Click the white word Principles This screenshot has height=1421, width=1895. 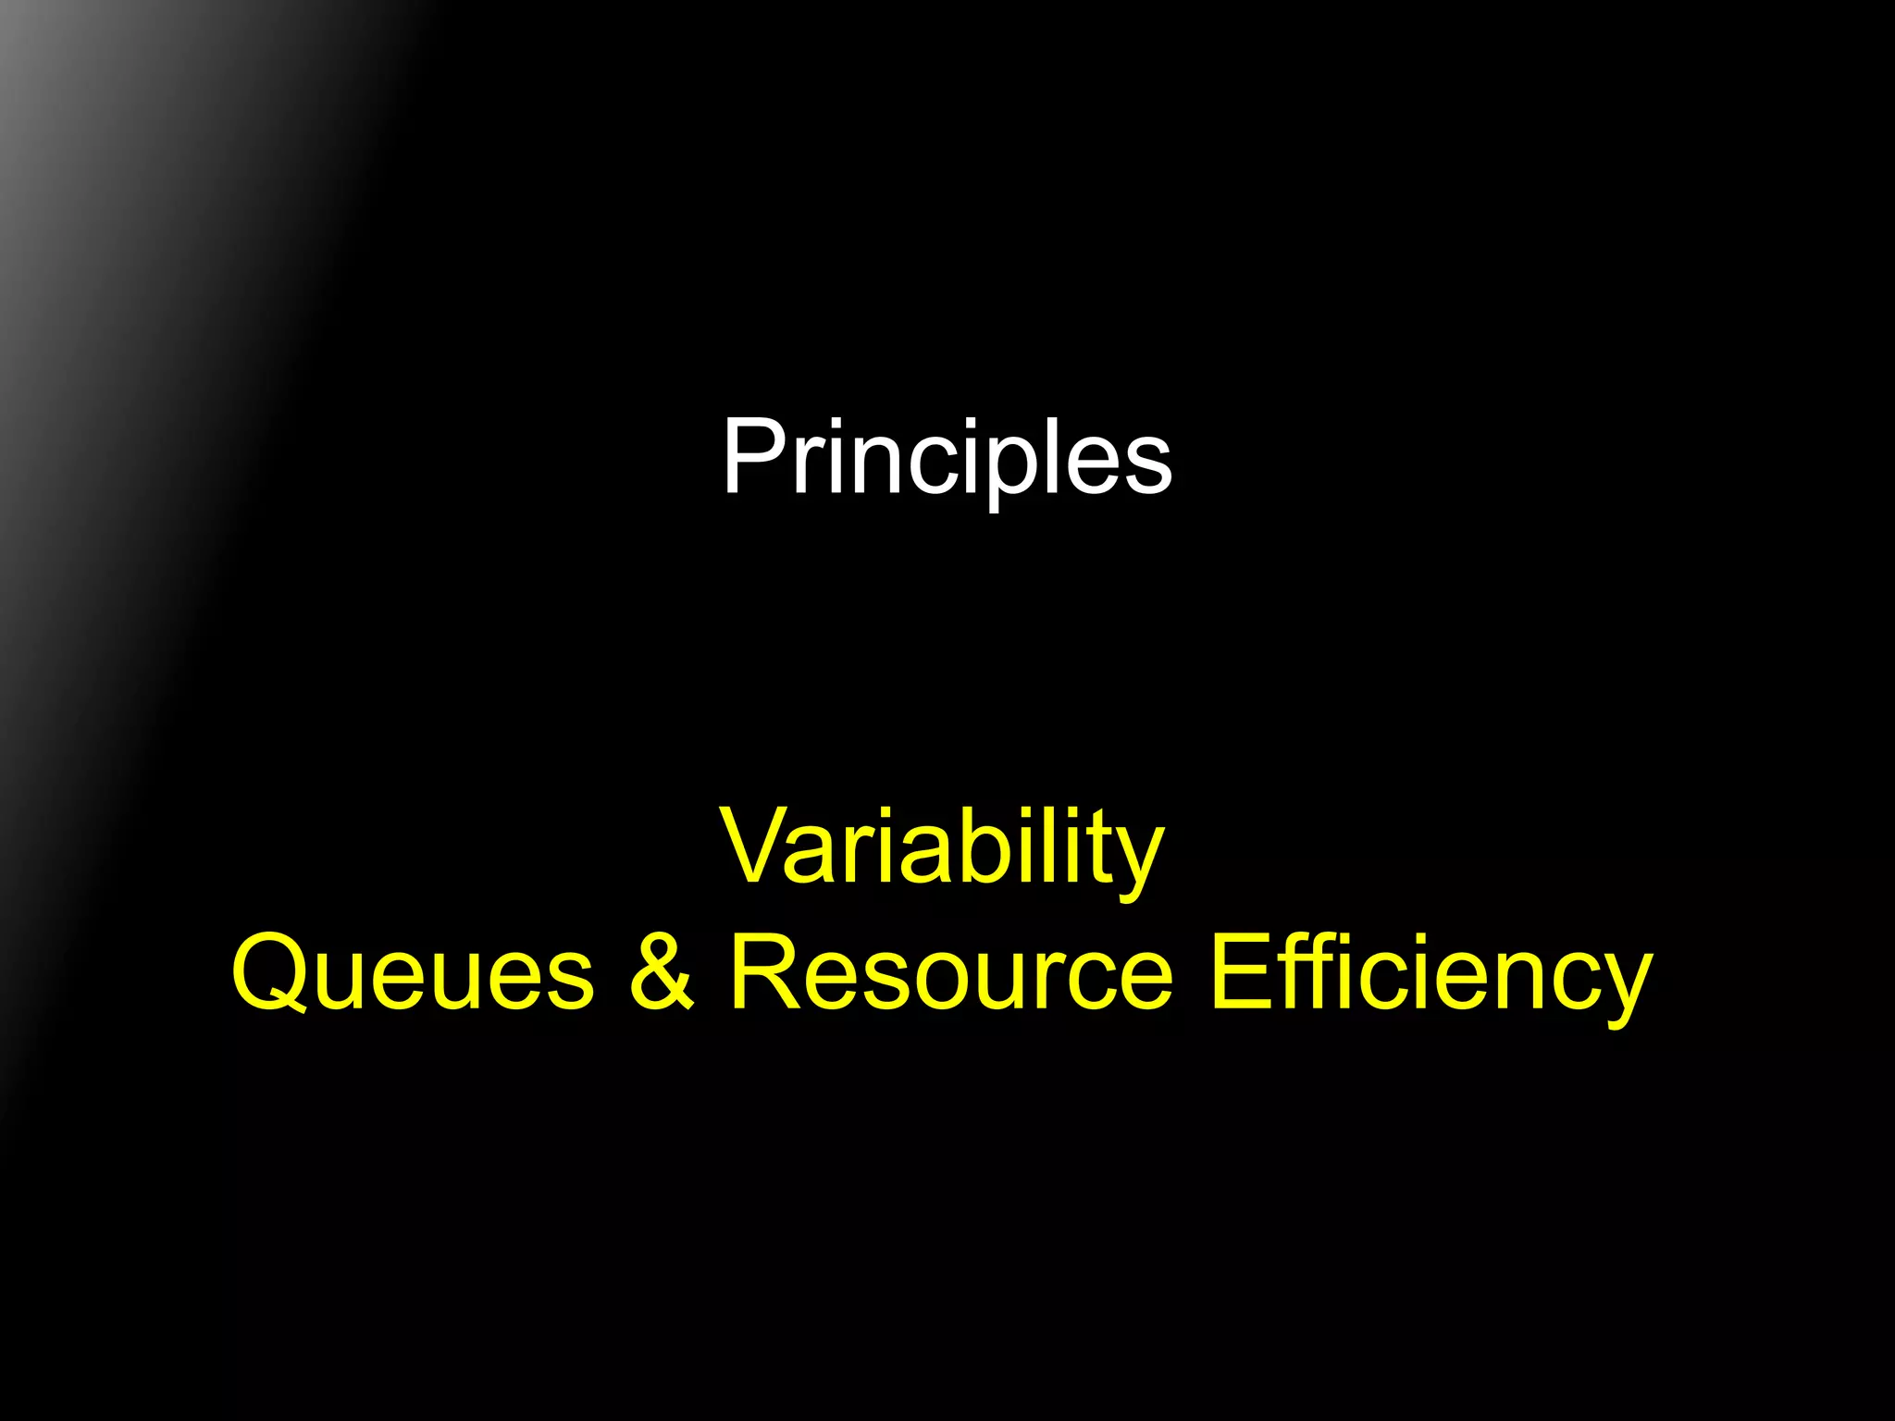pyautogui.click(x=947, y=457)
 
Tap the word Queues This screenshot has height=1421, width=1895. pyautogui.click(x=413, y=973)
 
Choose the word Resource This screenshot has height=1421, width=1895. pyautogui.click(x=951, y=973)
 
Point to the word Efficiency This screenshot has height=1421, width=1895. pyautogui.click(x=1431, y=973)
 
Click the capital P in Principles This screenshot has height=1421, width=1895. pyautogui.click(x=751, y=455)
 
